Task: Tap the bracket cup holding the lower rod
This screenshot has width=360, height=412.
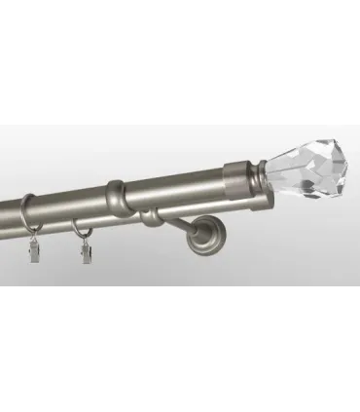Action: coord(151,216)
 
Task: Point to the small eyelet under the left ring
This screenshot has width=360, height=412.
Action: coord(32,240)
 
